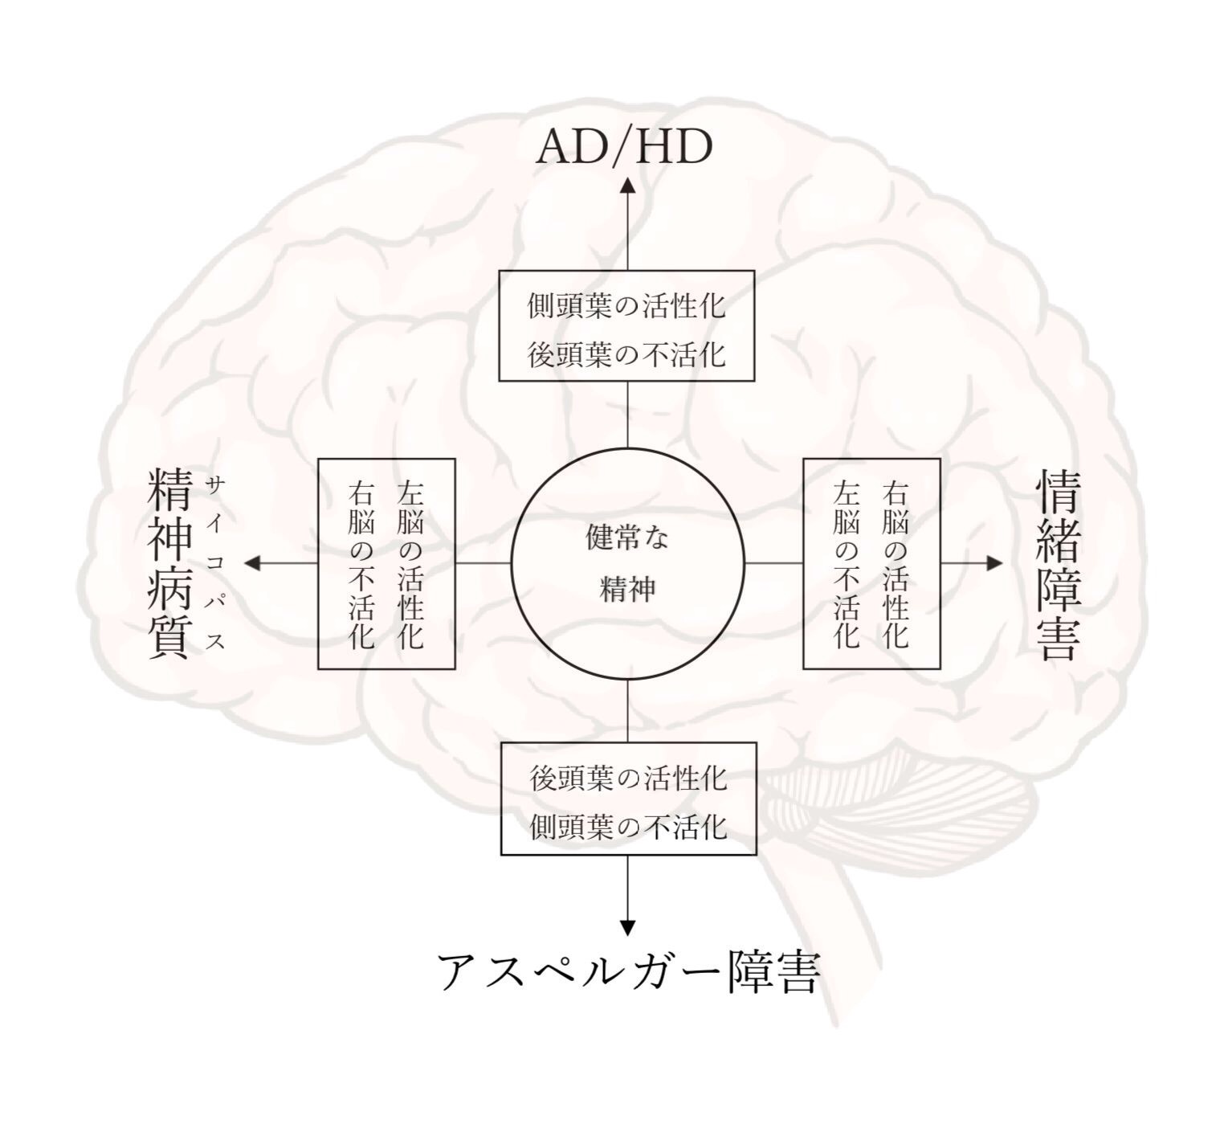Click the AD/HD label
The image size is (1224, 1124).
(x=624, y=147)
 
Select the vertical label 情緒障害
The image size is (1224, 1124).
(x=1059, y=565)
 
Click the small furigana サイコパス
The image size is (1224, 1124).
(x=216, y=563)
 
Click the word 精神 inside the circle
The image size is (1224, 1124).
(x=628, y=589)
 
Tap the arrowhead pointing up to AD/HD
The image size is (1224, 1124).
(x=627, y=185)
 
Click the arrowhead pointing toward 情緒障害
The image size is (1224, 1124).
(x=994, y=563)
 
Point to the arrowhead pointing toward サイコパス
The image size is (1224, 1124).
(x=253, y=563)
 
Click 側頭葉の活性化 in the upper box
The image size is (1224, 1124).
(x=626, y=306)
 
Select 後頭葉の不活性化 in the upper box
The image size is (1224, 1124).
(x=626, y=355)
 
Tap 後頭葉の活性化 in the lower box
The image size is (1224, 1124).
(x=629, y=779)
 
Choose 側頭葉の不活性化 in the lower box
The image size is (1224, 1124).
(x=629, y=828)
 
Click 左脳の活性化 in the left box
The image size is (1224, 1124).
(x=410, y=565)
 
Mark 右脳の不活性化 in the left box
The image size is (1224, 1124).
(x=361, y=565)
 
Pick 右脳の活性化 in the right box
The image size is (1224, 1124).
(x=896, y=565)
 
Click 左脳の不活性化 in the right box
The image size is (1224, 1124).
(x=847, y=565)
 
